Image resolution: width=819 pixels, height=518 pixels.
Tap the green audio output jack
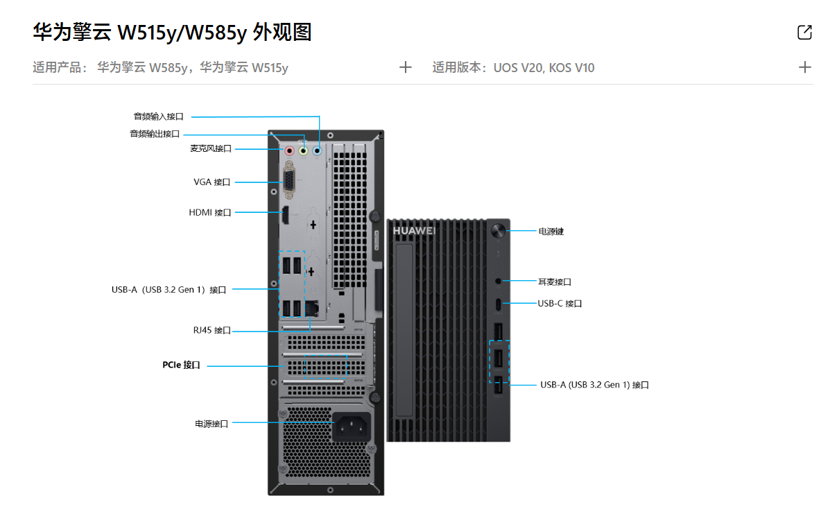[x=304, y=149]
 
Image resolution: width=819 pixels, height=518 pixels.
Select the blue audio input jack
[x=318, y=149]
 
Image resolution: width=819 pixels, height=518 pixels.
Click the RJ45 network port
[x=312, y=307]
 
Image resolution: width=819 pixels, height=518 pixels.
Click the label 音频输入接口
[x=159, y=116]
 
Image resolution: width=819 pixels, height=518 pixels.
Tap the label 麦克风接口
[x=210, y=148]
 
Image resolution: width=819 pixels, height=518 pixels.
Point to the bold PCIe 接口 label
[x=181, y=365]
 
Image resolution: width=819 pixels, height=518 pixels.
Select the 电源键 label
[x=551, y=231]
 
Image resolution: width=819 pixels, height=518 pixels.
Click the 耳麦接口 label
[x=555, y=282]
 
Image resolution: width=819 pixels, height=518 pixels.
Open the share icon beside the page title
[x=804, y=32]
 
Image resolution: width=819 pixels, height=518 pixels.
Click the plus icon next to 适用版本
[x=804, y=67]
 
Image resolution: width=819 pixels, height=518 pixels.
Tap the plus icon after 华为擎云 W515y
[x=406, y=67]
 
